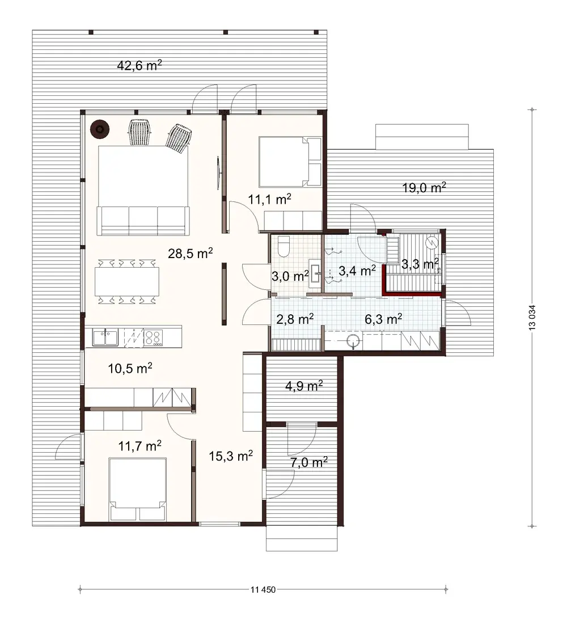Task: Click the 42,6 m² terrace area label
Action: [x=139, y=65]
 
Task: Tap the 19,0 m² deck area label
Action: [x=424, y=188]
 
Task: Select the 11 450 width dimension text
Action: [x=262, y=589]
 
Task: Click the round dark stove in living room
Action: [x=100, y=130]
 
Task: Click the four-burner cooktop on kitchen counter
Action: [x=153, y=338]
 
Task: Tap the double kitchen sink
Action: [x=105, y=338]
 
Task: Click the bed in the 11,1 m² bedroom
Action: [x=290, y=162]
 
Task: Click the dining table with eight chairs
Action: [x=127, y=281]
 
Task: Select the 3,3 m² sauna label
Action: [x=420, y=264]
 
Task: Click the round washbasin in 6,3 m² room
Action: [x=353, y=341]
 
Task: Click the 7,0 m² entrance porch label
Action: [x=308, y=462]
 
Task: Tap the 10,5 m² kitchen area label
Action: [x=130, y=368]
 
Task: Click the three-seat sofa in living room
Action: [x=143, y=221]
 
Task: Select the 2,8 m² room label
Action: [x=295, y=319]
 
